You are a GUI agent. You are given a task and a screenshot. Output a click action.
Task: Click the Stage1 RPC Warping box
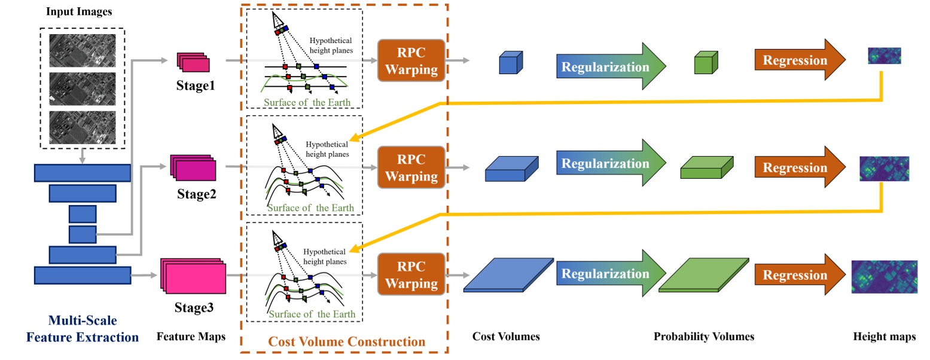click(411, 61)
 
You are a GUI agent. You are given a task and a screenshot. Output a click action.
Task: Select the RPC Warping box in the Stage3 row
click(411, 274)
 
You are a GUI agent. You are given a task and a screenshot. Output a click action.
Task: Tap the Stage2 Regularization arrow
click(610, 164)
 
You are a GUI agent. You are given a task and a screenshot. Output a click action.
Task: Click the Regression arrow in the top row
click(800, 60)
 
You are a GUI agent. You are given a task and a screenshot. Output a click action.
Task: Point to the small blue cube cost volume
click(511, 63)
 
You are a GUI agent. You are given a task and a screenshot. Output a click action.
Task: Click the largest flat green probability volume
click(704, 276)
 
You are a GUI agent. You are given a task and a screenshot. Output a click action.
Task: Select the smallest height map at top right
click(884, 56)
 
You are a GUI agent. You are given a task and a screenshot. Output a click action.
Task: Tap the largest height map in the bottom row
click(883, 277)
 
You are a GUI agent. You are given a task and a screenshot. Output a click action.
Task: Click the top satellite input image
click(82, 50)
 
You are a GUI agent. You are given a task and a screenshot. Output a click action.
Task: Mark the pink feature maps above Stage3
click(193, 276)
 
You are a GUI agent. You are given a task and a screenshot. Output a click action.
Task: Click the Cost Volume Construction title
click(346, 342)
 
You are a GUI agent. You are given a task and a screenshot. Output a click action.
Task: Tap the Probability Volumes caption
click(704, 337)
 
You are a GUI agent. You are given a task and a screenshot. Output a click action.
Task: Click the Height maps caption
click(883, 337)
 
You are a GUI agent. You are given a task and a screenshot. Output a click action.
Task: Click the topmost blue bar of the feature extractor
click(82, 173)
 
